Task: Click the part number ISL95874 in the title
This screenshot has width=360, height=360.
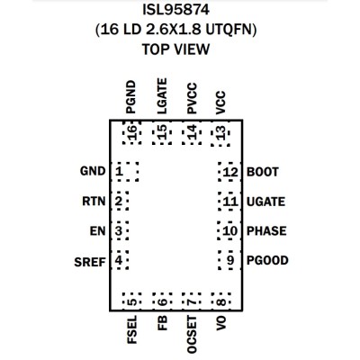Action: [175, 11]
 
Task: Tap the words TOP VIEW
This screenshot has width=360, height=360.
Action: [175, 49]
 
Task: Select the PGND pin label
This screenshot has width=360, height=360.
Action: [130, 97]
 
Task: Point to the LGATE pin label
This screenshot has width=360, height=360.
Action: [162, 96]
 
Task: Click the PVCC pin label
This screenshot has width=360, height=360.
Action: [192, 99]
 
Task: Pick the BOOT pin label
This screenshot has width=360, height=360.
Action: [263, 172]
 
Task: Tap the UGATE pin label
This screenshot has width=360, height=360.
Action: [265, 202]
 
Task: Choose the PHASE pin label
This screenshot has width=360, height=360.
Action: [266, 231]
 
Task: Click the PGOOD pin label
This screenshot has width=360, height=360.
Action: [267, 260]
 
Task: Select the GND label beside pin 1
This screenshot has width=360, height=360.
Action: [93, 171]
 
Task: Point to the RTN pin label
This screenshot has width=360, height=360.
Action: [94, 202]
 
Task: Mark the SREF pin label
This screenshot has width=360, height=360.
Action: [90, 262]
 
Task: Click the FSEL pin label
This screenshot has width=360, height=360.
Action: [132, 329]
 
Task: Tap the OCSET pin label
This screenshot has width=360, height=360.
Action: [192, 335]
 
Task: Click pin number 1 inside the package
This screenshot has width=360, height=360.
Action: [120, 172]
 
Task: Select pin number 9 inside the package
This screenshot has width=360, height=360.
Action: [230, 260]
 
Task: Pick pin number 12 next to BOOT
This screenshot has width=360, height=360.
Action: [230, 172]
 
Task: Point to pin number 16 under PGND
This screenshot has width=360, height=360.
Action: [131, 132]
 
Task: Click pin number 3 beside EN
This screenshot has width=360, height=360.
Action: [119, 231]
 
